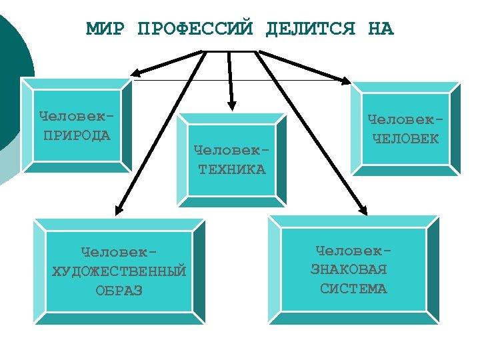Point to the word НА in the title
coord(381,29)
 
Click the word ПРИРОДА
coord(77,136)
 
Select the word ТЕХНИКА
coord(231,169)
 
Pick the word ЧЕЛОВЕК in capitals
coord(405,139)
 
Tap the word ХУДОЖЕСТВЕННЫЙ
coord(119,272)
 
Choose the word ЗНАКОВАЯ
coord(349,270)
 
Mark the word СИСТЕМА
coord(353,289)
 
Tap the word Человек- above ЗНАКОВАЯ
coord(353,251)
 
